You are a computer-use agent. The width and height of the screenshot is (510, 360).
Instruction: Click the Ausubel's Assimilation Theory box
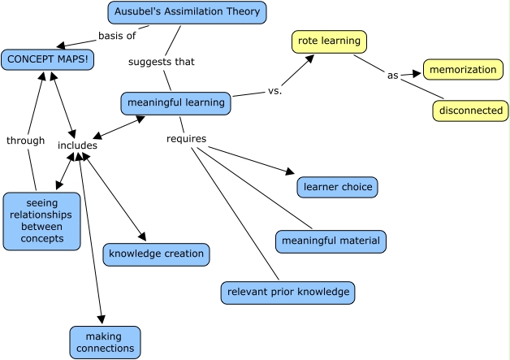point(187,12)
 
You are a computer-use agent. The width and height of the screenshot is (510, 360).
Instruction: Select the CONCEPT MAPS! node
point(47,59)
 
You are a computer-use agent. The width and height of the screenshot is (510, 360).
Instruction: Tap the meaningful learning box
point(176,103)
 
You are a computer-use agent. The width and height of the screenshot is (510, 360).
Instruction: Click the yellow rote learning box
point(329,41)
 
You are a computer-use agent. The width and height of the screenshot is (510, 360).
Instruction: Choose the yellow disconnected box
point(470,110)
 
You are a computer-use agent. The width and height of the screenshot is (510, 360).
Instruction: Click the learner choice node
point(337,187)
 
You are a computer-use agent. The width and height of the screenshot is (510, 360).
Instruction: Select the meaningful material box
point(330,241)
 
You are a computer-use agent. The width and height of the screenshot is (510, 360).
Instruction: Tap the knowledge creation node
point(157,254)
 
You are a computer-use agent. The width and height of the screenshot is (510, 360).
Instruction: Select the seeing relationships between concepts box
point(41,220)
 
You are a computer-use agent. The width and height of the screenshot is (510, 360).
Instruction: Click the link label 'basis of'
point(116,36)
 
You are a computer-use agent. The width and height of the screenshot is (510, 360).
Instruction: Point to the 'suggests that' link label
point(161,61)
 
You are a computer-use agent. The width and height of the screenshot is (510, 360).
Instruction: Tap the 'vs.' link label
point(274,91)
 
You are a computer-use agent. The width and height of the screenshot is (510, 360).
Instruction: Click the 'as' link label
point(392,76)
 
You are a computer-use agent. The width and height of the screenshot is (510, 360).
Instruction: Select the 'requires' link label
point(186,139)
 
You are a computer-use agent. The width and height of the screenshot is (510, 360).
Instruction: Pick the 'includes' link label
point(77,145)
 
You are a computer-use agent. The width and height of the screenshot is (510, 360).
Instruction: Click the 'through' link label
point(25,141)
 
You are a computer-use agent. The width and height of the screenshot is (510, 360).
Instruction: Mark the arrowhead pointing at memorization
point(418,73)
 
